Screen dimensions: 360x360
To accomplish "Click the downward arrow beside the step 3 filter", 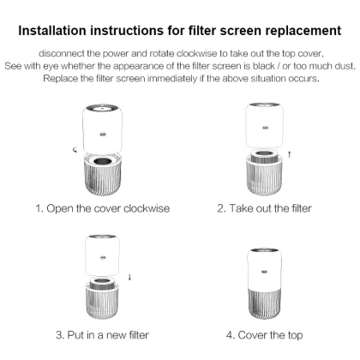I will point(129,277).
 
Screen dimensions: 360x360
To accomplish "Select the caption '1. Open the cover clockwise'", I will point(102,208).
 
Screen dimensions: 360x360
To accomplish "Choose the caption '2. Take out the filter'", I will point(264,208).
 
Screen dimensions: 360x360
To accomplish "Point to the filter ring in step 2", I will point(263,161).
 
